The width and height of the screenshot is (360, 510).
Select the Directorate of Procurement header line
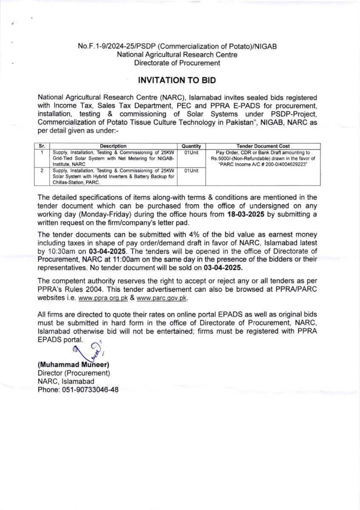click(x=177, y=63)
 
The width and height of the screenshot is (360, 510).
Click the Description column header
click(x=113, y=146)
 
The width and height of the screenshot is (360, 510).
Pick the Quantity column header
click(x=191, y=146)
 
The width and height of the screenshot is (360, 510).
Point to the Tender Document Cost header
click(x=262, y=146)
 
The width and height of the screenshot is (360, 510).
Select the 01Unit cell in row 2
click(x=191, y=170)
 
